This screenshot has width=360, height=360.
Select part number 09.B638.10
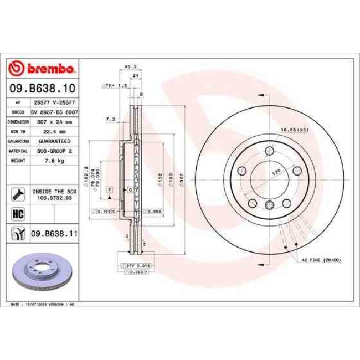(x=43, y=88)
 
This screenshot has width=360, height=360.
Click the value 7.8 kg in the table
(x=54, y=161)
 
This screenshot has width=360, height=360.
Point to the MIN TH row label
(x=18, y=131)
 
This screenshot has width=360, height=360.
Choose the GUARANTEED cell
(x=54, y=141)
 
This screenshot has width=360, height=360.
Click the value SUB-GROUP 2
(x=54, y=151)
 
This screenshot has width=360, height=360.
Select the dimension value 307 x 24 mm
(x=54, y=121)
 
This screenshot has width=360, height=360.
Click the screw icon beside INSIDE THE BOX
(x=17, y=194)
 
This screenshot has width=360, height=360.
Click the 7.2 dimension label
(x=110, y=119)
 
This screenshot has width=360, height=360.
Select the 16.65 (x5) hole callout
(x=294, y=129)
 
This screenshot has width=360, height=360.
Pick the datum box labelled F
(x=110, y=190)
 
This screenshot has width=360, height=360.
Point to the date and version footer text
(x=43, y=304)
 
